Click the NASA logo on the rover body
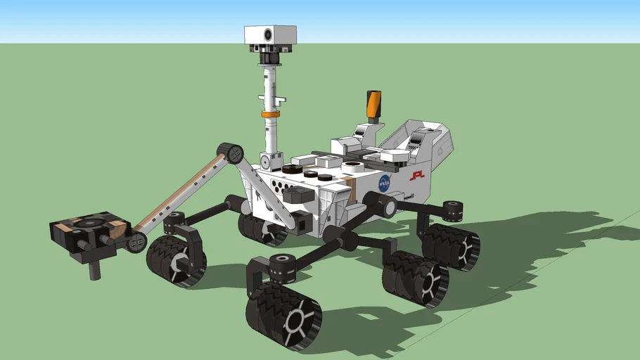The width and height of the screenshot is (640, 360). [385, 184]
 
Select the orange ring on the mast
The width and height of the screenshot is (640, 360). [270, 113]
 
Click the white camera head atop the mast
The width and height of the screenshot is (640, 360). [270, 34]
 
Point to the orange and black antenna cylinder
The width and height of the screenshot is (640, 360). [373, 104]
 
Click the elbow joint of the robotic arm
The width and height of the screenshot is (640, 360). [230, 153]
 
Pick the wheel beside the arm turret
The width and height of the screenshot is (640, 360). [176, 260]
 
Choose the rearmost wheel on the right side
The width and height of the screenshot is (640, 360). [451, 247]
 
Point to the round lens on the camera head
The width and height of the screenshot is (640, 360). [268, 34]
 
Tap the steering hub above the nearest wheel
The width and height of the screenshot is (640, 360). [283, 264]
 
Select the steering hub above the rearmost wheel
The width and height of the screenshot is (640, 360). [453, 208]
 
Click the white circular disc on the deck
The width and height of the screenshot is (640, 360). [352, 167]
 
